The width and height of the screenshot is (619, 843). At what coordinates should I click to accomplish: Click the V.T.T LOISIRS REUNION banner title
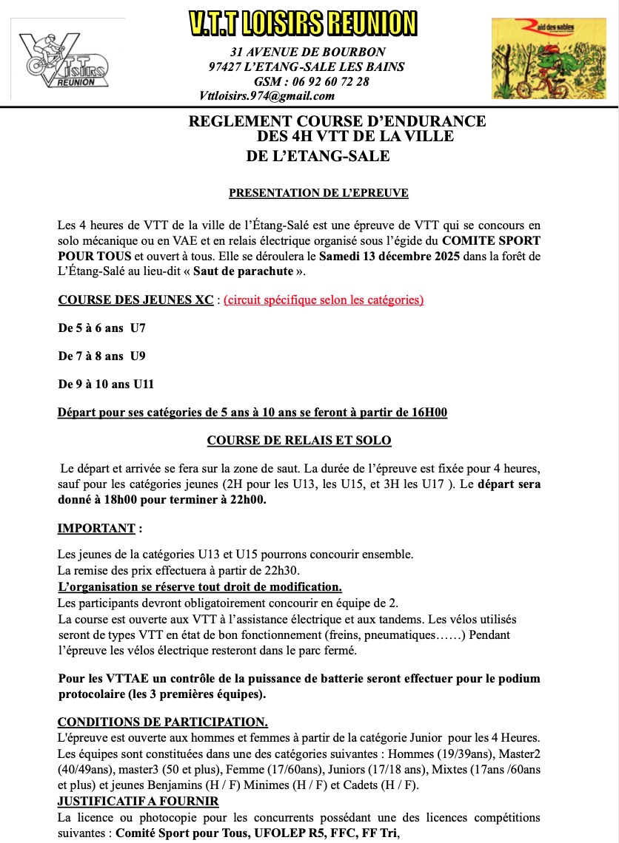coord(303,23)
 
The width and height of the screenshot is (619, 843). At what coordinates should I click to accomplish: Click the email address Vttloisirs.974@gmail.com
coord(267,95)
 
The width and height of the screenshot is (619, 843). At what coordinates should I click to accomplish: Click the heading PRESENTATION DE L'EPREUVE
coord(318,193)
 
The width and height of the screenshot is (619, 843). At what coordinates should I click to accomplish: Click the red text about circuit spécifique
coord(324,299)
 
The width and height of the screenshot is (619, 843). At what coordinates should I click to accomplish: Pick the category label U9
coord(138,356)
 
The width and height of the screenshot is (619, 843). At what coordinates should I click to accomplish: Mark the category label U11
coord(141,384)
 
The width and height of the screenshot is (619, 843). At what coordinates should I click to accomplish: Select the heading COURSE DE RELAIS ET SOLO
coord(299,440)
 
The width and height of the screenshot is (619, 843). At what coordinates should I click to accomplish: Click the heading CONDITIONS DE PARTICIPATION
coord(163,721)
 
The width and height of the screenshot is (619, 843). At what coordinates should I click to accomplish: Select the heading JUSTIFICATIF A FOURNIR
coord(138,801)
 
